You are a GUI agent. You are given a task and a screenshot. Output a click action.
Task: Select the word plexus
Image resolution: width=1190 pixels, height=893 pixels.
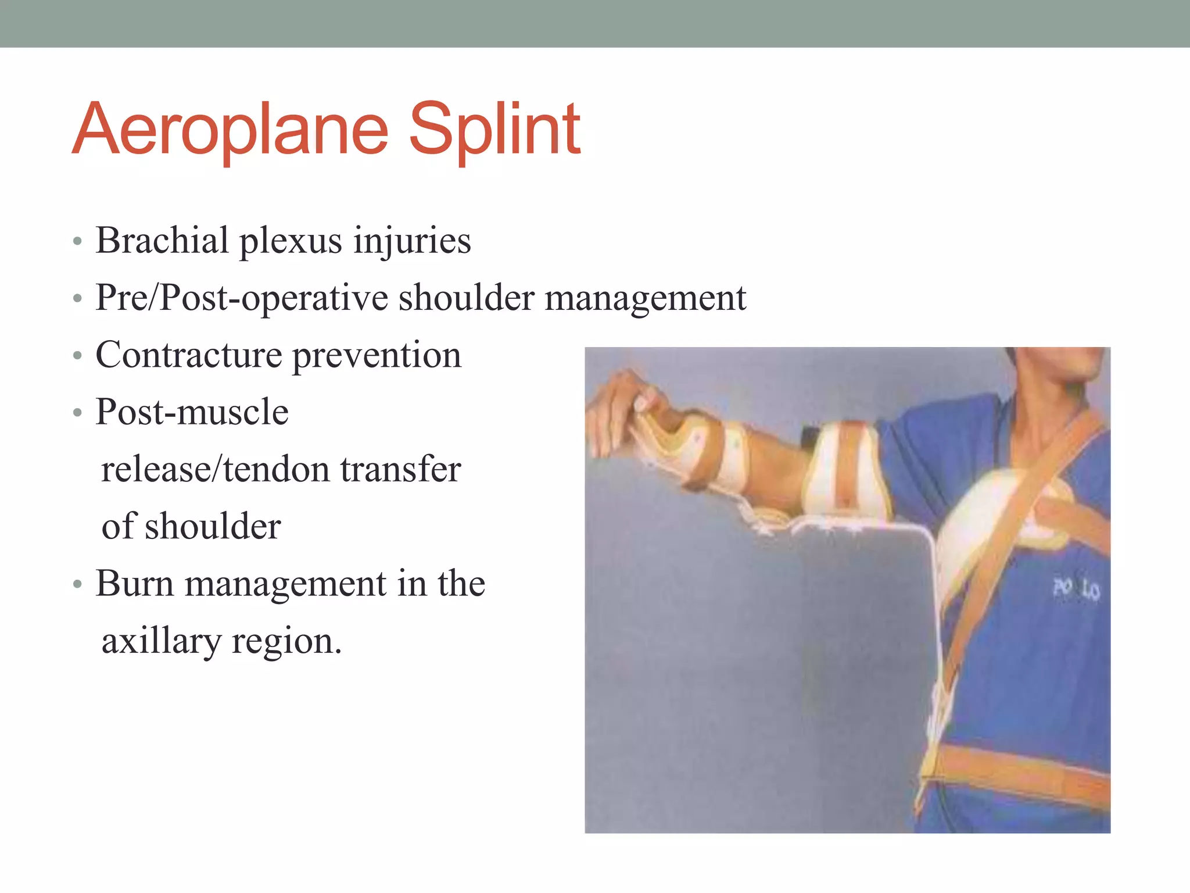291,241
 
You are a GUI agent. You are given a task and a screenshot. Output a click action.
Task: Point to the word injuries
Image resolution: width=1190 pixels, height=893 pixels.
413,241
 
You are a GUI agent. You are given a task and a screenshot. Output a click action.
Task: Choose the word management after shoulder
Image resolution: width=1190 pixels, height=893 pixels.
645,299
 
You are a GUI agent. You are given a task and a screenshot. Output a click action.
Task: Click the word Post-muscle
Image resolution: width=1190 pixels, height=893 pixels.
192,412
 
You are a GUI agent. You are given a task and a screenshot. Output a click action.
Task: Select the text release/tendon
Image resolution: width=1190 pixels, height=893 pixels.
215,469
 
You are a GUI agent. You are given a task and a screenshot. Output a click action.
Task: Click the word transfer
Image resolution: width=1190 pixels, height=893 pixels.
400,469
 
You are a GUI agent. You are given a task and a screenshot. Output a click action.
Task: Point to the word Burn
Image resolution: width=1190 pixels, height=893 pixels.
134,583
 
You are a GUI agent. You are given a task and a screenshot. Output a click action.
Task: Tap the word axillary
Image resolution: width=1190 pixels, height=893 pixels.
162,641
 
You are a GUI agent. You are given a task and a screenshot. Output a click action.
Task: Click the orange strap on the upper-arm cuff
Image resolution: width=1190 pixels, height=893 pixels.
851,465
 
